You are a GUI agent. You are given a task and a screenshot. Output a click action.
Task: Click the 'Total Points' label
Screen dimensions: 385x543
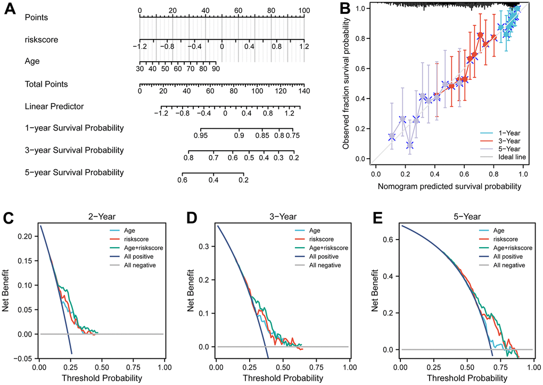(46, 84)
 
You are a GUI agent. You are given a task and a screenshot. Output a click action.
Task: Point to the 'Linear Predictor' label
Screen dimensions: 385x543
(54, 107)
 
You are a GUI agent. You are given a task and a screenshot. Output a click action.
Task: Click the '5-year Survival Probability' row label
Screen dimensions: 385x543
(74, 173)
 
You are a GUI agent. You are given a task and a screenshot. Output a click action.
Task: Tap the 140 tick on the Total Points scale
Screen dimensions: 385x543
(305, 91)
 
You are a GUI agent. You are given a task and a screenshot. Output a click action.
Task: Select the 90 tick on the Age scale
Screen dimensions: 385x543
(215, 69)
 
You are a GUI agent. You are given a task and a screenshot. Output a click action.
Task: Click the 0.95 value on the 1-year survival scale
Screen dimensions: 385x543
(201, 136)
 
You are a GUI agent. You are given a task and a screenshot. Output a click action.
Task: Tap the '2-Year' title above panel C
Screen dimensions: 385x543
(101, 217)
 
